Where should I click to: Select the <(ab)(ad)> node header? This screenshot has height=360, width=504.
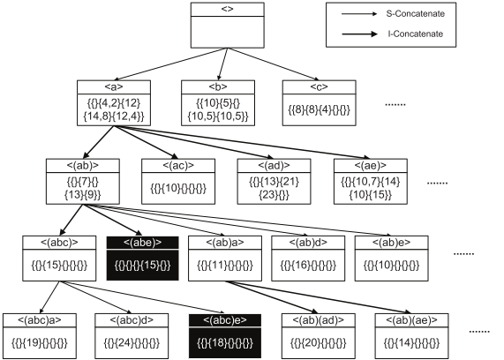(317, 319)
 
